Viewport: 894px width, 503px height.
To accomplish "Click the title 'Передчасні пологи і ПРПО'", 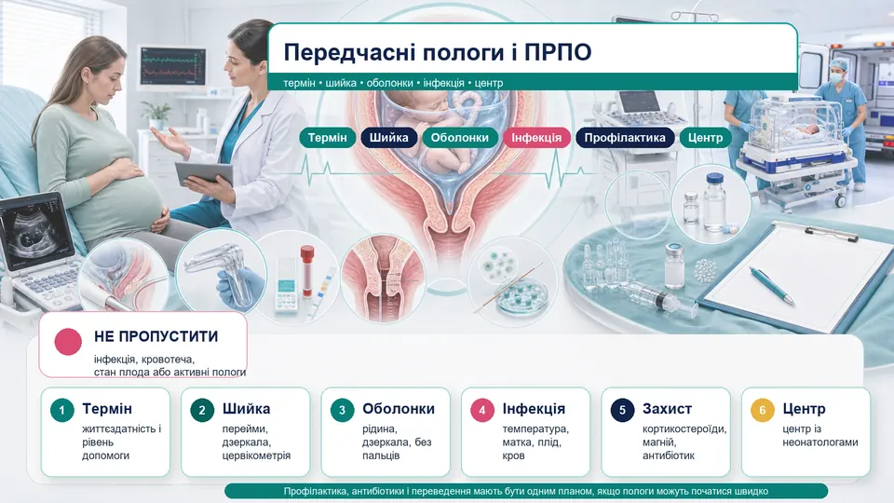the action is tap(438, 52).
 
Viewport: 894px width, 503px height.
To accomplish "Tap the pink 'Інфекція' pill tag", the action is tap(536, 138).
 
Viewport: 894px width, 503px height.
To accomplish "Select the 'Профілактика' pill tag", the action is tap(624, 138).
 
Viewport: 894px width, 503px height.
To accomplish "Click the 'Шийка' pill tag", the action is tap(389, 138).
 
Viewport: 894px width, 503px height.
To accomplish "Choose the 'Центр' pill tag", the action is tap(705, 138).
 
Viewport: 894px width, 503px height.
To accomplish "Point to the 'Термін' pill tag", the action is tap(327, 138).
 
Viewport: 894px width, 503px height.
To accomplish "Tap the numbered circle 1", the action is tap(62, 410).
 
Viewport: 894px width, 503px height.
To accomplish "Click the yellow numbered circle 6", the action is tap(763, 410).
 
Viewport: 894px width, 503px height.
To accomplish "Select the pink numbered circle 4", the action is tap(482, 410).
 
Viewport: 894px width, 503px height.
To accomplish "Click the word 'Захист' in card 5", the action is tap(667, 409).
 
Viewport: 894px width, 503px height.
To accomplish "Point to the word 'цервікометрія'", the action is tap(257, 455).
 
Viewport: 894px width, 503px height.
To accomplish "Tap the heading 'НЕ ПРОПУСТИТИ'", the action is tap(156, 336).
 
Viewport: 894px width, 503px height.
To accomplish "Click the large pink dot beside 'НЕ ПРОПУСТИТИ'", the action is tap(68, 342).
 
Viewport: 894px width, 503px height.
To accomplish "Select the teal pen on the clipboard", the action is tap(772, 286).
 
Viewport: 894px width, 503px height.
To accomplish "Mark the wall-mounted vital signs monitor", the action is tap(172, 67).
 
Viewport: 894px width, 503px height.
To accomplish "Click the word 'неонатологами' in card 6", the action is tap(819, 442).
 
